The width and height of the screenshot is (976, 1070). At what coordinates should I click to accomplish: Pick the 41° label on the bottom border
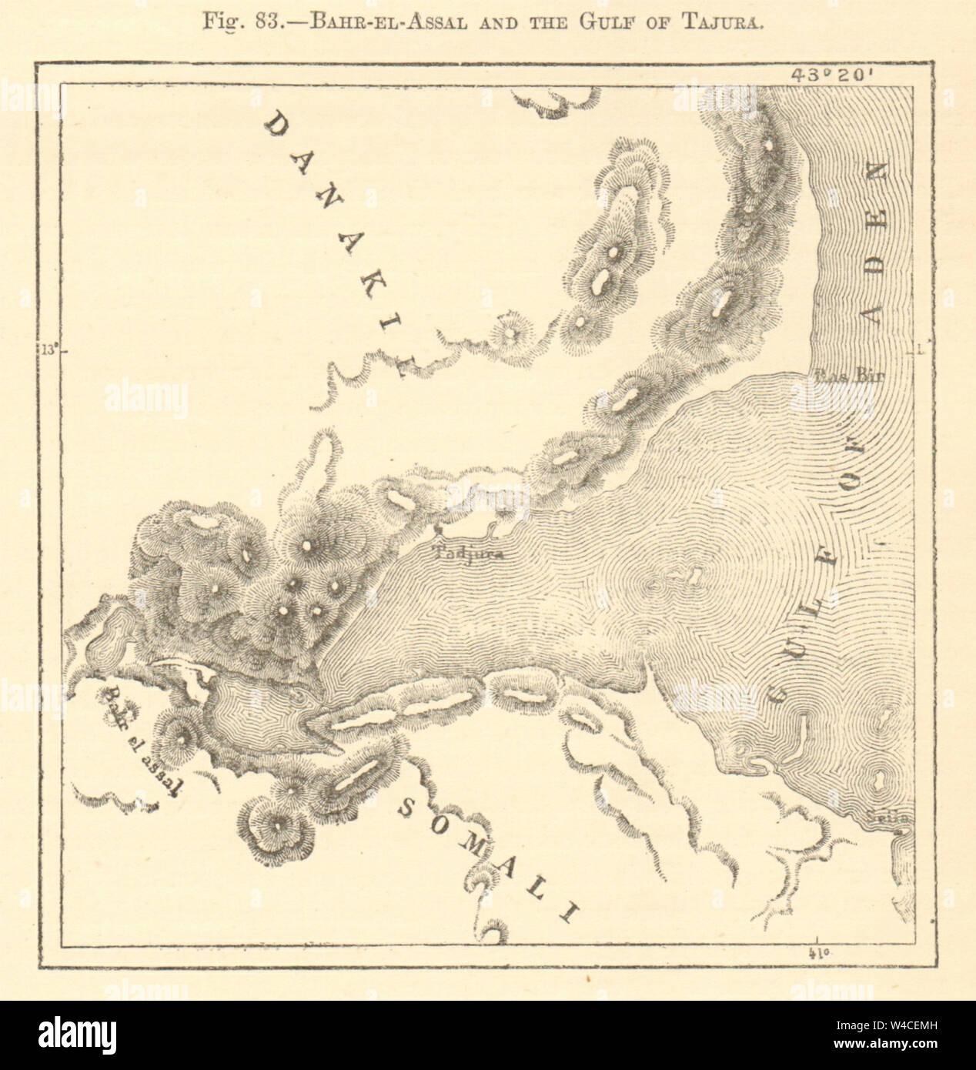[x=817, y=954]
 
